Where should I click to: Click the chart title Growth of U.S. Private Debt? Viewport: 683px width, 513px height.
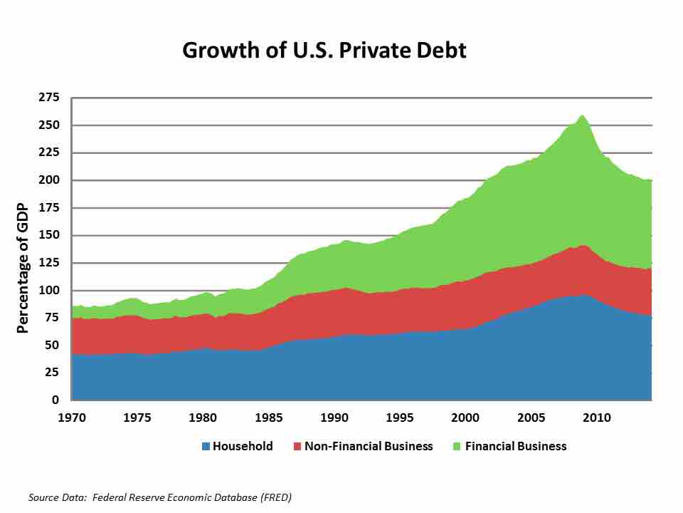click(x=324, y=51)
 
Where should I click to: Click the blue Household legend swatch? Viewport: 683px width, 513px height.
click(x=206, y=447)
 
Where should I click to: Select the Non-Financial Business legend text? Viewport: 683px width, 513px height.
click(x=369, y=447)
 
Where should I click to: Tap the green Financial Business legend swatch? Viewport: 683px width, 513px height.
click(x=457, y=447)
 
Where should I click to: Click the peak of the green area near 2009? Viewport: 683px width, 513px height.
click(x=582, y=115)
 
